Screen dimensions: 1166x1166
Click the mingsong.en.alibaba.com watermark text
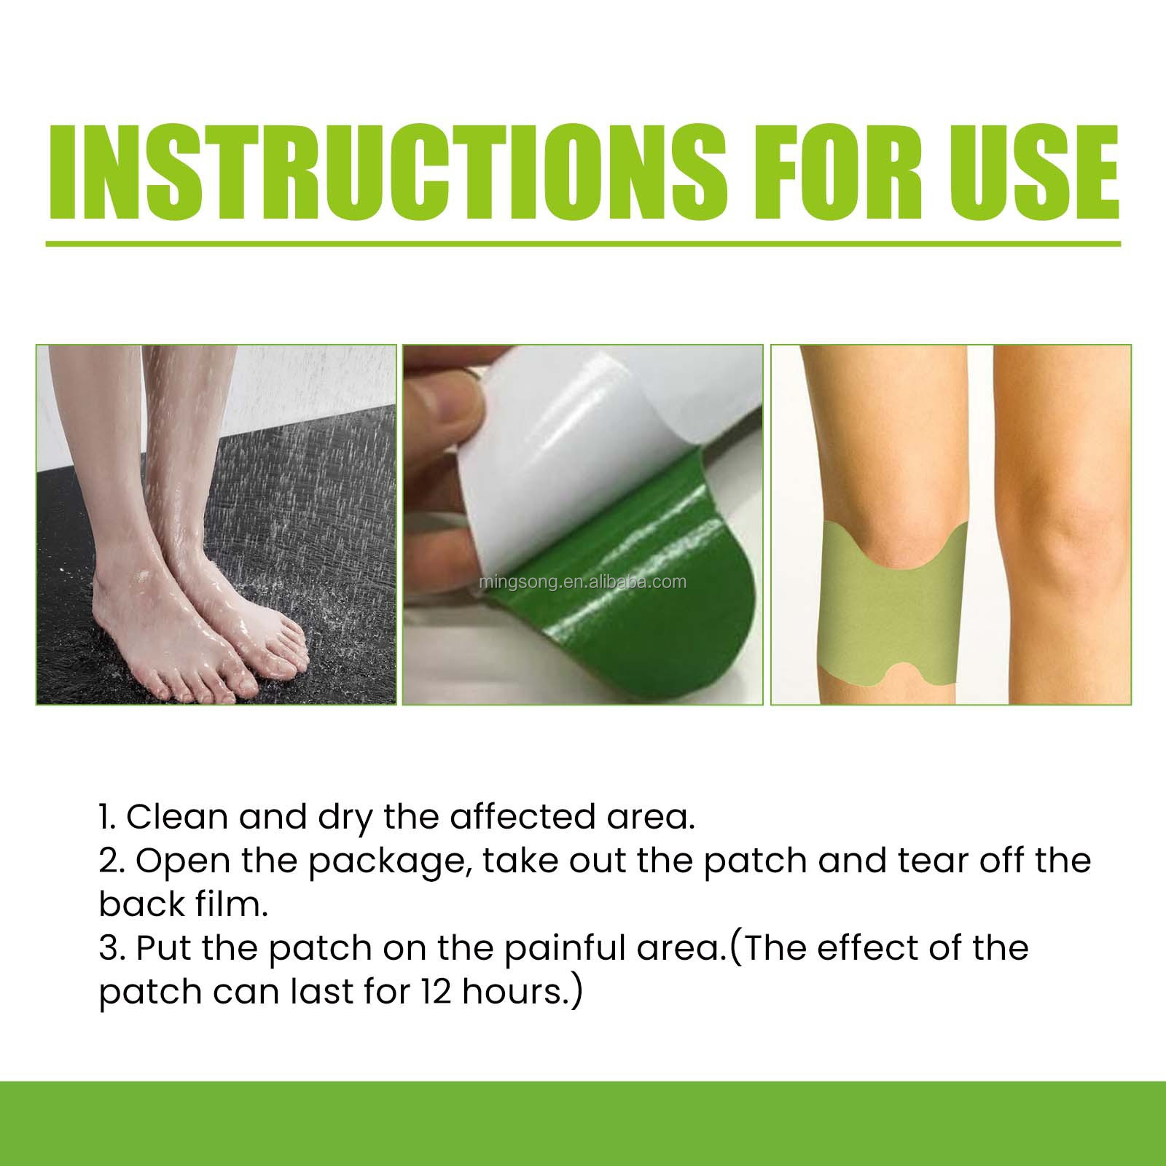tap(583, 582)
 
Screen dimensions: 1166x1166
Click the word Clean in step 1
tap(178, 818)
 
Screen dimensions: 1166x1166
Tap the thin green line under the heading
tap(583, 244)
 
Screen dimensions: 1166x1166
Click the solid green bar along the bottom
tap(583, 1127)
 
